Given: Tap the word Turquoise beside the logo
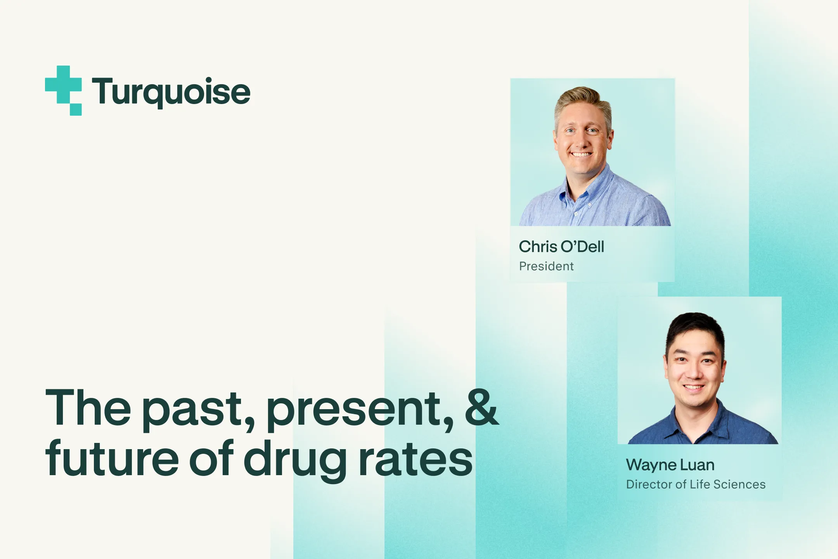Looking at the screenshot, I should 171,92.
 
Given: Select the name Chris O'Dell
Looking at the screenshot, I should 561,247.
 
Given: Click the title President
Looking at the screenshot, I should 546,266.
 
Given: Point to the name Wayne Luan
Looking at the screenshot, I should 670,465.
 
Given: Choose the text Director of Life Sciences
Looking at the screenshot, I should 696,484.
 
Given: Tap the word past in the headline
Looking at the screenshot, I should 198,410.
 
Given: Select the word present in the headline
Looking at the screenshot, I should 359,410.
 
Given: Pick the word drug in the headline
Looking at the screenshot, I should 295,460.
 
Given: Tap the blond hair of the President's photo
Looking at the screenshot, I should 582,99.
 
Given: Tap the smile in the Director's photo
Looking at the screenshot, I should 693,387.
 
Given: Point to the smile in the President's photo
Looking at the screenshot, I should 581,155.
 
